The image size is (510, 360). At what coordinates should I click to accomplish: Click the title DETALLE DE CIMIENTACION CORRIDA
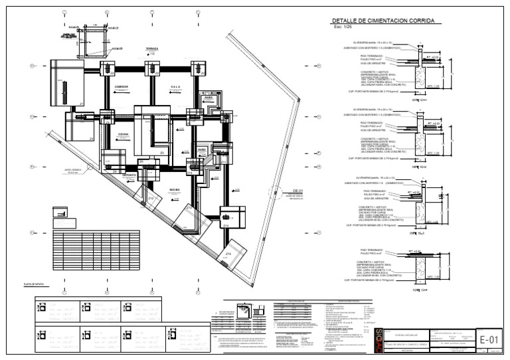[383, 21]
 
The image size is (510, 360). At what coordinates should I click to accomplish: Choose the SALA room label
[175, 86]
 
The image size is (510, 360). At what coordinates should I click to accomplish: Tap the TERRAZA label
[152, 50]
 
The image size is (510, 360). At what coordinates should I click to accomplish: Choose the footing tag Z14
[226, 226]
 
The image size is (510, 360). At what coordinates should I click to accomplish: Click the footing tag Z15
[228, 254]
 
